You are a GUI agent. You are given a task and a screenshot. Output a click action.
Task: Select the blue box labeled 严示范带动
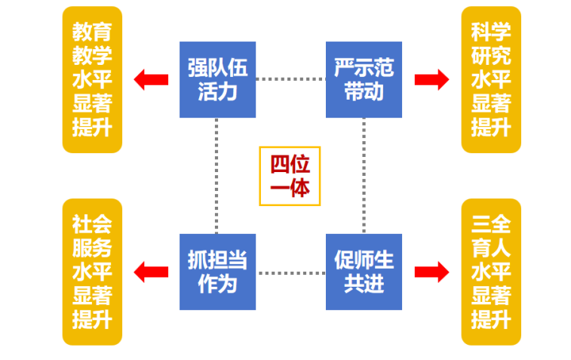[364, 79]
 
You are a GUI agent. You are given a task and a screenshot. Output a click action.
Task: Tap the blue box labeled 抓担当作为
[217, 272]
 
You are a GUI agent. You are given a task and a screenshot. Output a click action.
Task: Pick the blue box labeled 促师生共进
[364, 272]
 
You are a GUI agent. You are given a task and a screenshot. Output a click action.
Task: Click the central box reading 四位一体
[290, 176]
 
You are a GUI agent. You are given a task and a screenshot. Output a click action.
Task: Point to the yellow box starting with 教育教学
[92, 79]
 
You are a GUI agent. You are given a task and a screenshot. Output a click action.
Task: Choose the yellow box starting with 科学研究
[491, 79]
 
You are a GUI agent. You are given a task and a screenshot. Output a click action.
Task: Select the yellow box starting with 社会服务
[92, 272]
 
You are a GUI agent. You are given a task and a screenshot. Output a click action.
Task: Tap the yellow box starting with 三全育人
[491, 272]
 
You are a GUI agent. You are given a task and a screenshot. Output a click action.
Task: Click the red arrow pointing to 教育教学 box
[151, 79]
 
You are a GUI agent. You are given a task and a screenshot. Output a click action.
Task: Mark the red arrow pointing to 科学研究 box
[431, 79]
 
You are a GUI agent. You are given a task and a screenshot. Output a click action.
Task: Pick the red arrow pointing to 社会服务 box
[151, 272]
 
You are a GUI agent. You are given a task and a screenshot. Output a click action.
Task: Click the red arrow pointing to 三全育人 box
[431, 272]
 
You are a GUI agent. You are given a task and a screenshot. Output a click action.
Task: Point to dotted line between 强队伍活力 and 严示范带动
[290, 78]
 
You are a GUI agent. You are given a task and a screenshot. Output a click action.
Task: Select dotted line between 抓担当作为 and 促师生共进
[290, 272]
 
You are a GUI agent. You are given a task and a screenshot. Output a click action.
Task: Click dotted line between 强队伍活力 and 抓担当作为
[216, 175]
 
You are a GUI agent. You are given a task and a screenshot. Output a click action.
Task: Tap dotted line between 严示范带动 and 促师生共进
[364, 175]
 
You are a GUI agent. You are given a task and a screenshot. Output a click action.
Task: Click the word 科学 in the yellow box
[491, 32]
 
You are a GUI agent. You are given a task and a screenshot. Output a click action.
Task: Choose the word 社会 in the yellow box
[92, 224]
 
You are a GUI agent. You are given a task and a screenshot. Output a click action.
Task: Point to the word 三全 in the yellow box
[491, 224]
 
